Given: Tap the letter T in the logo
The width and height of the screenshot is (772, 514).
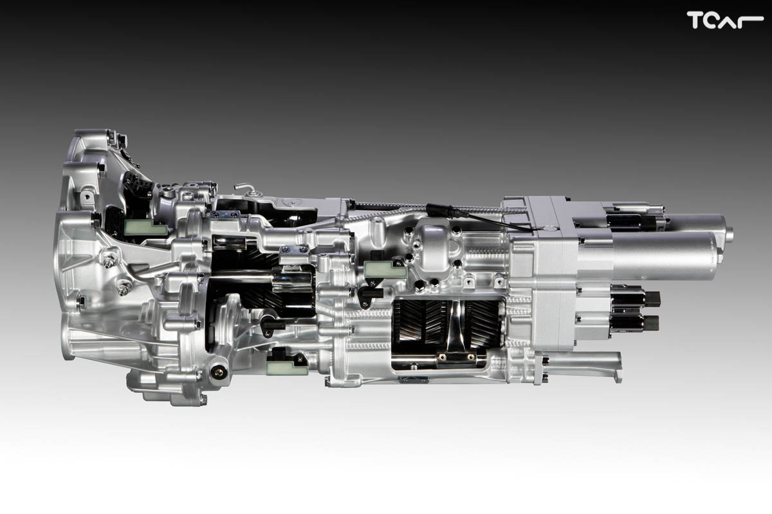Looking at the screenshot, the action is coord(694,20).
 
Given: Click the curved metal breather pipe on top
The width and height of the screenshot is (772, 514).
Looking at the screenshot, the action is coord(245,187).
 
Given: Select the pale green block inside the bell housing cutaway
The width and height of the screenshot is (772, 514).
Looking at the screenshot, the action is coord(145,227).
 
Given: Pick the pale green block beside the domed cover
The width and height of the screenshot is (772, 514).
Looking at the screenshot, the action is coord(385,269).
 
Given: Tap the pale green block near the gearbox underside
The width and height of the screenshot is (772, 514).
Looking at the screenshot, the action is coord(287,368).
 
